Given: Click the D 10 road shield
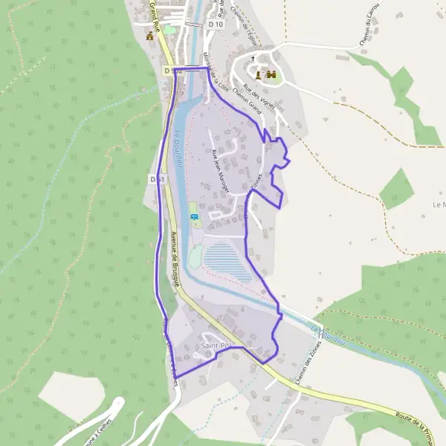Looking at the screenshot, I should pos(216,25).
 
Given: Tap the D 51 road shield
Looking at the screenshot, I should pos(156,179).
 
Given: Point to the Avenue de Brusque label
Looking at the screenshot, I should pos(175,258).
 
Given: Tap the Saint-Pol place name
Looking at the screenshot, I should pos(217,346).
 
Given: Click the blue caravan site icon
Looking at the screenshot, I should pos(195,217).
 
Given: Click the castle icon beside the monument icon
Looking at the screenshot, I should pos(271,74).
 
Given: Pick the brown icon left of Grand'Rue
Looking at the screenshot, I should pos(150,36).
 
